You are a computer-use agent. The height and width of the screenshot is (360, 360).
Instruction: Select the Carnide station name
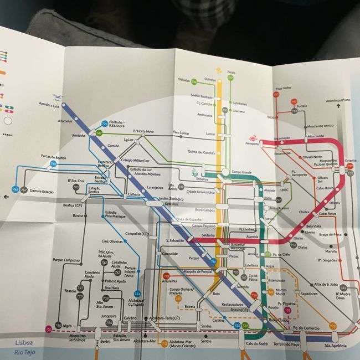(114, 146)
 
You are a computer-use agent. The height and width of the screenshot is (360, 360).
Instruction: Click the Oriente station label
(350, 161)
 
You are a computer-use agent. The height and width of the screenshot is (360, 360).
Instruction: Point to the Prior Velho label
(282, 88)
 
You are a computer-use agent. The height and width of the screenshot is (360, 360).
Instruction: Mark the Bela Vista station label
(313, 226)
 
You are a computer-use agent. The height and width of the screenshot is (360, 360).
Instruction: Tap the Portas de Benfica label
(53, 157)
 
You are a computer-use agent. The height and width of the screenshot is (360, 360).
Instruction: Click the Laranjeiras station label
(157, 187)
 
